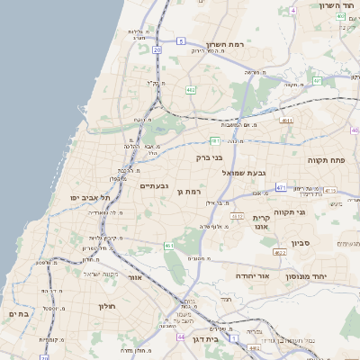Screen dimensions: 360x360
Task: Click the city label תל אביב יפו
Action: tap(83, 197)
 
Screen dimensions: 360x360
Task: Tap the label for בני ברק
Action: tap(209, 157)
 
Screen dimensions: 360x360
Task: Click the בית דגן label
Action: tap(205, 339)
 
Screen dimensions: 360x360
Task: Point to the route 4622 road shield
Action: tap(280, 253)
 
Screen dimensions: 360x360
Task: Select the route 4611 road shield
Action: tap(286, 120)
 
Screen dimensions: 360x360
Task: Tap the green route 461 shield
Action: tap(168, 245)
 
